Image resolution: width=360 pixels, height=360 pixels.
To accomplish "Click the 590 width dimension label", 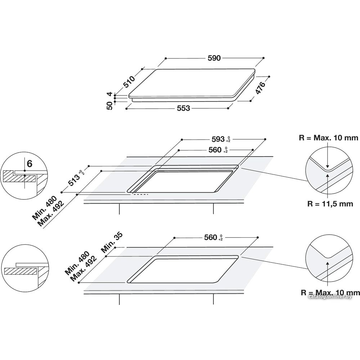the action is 214,58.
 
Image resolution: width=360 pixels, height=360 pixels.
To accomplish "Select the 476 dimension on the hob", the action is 261,87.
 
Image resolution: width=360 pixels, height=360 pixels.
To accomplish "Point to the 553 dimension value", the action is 184,108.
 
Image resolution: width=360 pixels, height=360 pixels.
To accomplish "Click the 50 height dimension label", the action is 110,106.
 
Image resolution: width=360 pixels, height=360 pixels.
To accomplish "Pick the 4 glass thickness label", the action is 110,94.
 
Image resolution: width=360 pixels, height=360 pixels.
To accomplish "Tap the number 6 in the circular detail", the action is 30,164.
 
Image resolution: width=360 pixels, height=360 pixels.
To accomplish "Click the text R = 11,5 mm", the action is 330,204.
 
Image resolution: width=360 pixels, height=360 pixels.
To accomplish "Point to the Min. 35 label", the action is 112,242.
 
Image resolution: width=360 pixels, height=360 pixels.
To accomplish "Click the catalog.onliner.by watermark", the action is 330,297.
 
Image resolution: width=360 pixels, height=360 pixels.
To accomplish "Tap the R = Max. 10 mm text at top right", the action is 329,138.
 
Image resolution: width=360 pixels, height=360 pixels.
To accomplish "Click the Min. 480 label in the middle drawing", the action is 44,207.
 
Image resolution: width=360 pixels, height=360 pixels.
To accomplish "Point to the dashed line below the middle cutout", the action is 140,194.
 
